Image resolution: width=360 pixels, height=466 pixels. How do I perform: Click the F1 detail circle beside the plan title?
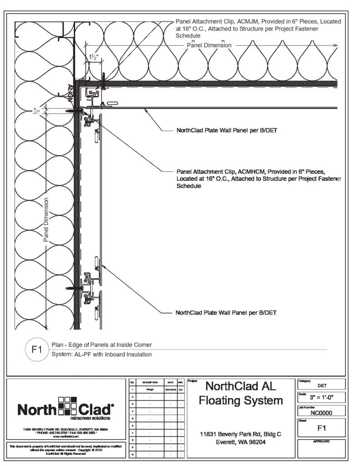pos(36,351)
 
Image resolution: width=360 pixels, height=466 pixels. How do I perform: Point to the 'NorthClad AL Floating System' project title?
pos(242,394)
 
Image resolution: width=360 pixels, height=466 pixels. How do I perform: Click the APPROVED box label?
pos(322,442)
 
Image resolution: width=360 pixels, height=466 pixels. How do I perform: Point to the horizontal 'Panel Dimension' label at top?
pos(209,46)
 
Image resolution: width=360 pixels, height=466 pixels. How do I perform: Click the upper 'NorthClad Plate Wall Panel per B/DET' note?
pos(227,130)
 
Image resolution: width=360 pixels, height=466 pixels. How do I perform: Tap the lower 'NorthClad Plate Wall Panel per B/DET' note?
pos(227,313)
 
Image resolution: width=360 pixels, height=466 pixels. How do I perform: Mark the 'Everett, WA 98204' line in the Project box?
pos(242,442)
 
